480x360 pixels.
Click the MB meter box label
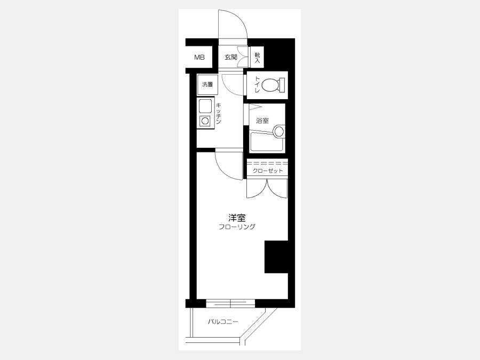[x=199, y=57]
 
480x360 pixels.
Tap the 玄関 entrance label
[x=231, y=57]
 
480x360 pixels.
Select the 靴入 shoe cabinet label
[x=258, y=57]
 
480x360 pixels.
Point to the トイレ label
[x=257, y=85]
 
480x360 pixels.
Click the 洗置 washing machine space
[x=207, y=84]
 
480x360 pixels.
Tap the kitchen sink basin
[x=205, y=106]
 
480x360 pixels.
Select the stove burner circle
[x=205, y=121]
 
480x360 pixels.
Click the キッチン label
[x=219, y=113]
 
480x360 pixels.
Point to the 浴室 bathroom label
[x=262, y=121]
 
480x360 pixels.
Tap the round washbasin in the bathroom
[x=279, y=132]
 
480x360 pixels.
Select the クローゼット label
[x=268, y=171]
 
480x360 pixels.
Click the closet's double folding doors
[x=267, y=188]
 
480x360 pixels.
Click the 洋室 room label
[x=237, y=218]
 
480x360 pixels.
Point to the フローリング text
[x=237, y=227]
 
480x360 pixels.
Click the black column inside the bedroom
[x=276, y=257]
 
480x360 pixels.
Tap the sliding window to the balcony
[x=230, y=303]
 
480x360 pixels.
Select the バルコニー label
[x=223, y=322]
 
